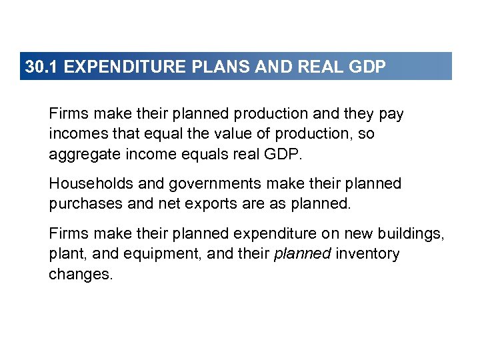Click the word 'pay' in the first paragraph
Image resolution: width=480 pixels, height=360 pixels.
pos(391,114)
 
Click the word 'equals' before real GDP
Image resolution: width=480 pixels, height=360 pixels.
pos(213,154)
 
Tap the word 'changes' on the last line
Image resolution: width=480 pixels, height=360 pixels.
pos(79,274)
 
